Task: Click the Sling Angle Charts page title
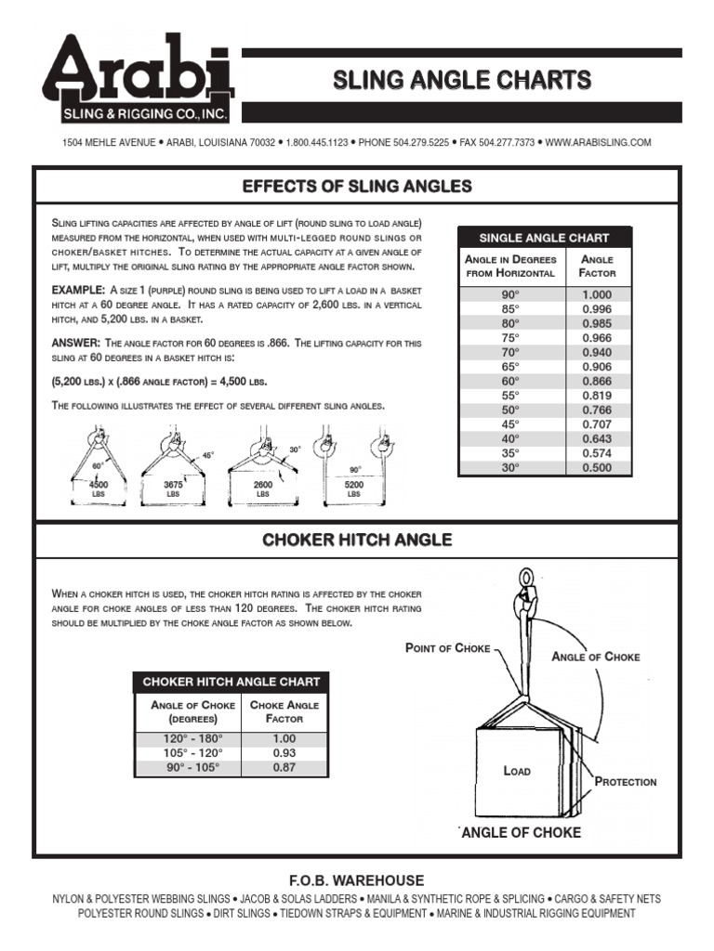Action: click(462, 81)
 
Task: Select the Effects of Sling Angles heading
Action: click(357, 187)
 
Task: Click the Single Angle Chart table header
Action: click(545, 237)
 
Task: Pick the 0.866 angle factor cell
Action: click(597, 382)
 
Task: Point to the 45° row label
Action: click(509, 424)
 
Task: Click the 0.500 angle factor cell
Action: click(597, 468)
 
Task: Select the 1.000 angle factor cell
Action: click(597, 295)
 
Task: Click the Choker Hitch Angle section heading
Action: click(357, 540)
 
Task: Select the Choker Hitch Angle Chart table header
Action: click(231, 682)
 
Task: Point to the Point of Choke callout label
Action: click(447, 648)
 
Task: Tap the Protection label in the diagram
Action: click(625, 782)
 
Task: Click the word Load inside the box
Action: click(516, 771)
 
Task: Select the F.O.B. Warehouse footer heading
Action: click(357, 880)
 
